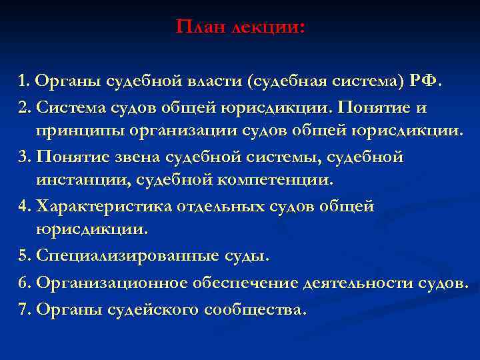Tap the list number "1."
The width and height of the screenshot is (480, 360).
click(25, 81)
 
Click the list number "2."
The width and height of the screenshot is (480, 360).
click(26, 107)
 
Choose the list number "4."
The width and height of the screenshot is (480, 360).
click(26, 207)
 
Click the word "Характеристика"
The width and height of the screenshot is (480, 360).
click(105, 207)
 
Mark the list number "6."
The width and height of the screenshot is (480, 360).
click(26, 283)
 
